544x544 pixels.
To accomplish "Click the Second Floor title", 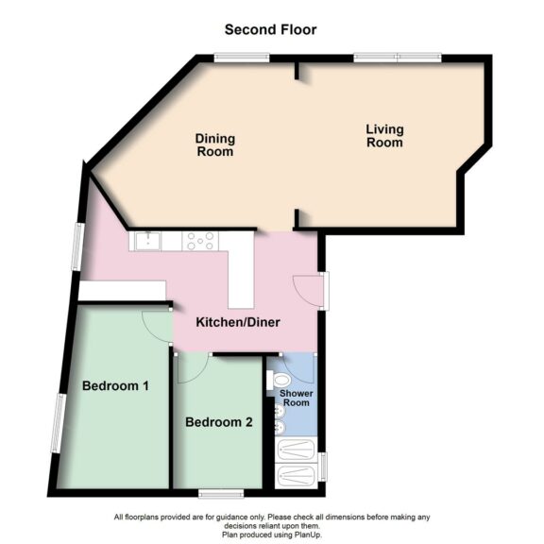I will (x=270, y=29).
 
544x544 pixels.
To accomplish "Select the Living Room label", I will (x=384, y=135).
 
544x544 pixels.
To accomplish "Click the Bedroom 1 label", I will (x=115, y=385).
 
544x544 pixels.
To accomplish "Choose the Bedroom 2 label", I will (x=219, y=422).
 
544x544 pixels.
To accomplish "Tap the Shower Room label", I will (x=297, y=398).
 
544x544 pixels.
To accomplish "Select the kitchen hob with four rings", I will (x=200, y=242).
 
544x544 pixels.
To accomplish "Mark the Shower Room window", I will (x=322, y=466).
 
